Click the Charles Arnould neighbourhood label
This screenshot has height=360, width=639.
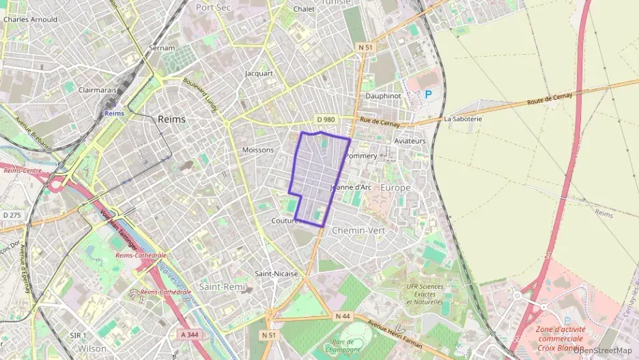pos(30,20)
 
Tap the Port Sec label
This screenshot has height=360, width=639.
pos(212,7)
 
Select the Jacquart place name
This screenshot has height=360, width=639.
pos(259,73)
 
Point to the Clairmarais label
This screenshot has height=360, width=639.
pos(98,89)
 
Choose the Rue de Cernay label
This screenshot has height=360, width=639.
pos(379,122)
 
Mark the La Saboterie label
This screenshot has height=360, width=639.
pos(463,118)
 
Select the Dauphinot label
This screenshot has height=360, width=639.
pos(382,96)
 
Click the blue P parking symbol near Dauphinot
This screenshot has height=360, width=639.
pos(428,95)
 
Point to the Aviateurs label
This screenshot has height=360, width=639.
pos(410,141)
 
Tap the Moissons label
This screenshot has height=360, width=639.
pos(258,150)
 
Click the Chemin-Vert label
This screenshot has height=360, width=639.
pos(358,230)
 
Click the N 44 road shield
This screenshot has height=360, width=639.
pos(343,316)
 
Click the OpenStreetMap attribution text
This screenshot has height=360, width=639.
pos(602,350)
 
